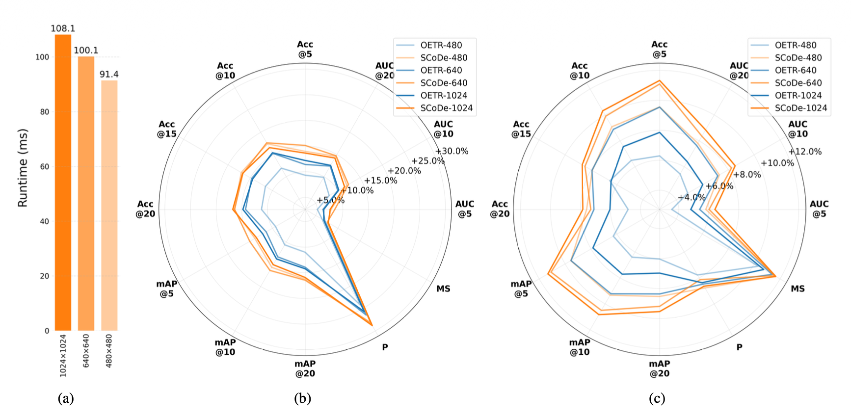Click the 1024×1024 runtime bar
pyautogui.click(x=63, y=183)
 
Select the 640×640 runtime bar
pyautogui.click(x=86, y=193)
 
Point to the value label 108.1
pyautogui.click(x=63, y=28)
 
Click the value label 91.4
pyautogui.click(x=109, y=74)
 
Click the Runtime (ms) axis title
pyautogui.click(x=23, y=168)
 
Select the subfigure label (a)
pyautogui.click(x=66, y=398)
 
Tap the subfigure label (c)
pyautogui.click(x=657, y=398)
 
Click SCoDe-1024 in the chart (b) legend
pyautogui.click(x=446, y=108)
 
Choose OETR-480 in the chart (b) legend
pyautogui.click(x=441, y=45)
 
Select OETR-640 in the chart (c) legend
pyautogui.click(x=796, y=70)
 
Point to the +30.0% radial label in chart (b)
pyautogui.click(x=452, y=151)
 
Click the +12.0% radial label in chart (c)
pyautogui.click(x=805, y=152)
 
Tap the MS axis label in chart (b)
pyautogui.click(x=443, y=288)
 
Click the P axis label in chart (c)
pyautogui.click(x=739, y=347)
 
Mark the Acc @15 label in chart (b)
pyautogui.click(x=167, y=129)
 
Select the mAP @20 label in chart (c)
pyautogui.click(x=660, y=368)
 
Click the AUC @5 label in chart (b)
pyautogui.click(x=464, y=209)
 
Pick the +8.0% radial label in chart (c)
pyautogui.click(x=747, y=174)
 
